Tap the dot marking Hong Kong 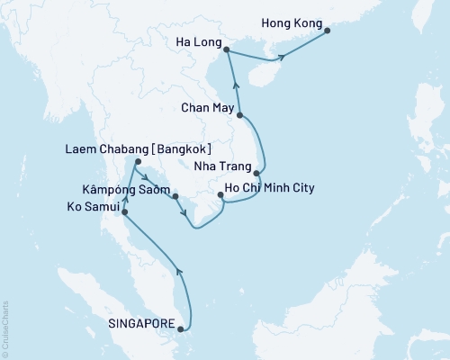(327, 31)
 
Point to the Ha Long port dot (225, 50)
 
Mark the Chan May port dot (240, 115)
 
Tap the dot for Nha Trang (257, 173)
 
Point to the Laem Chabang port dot (136, 163)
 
